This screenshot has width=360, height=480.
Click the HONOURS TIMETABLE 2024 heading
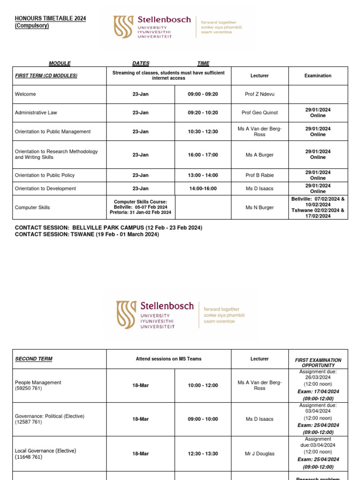pyautogui.click(x=51, y=19)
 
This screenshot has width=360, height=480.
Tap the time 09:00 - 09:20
pyautogui.click(x=202, y=94)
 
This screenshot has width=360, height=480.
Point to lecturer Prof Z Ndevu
pyautogui.click(x=260, y=94)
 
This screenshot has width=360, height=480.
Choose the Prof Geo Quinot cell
pyautogui.click(x=260, y=113)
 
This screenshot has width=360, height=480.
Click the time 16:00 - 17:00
pyautogui.click(x=202, y=155)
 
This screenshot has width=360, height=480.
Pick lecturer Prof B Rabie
pyautogui.click(x=260, y=175)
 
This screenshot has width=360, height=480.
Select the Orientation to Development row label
pyautogui.click(x=45, y=188)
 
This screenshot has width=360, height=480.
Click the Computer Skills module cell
pyautogui.click(x=32, y=207)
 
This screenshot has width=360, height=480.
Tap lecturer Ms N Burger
pyautogui.click(x=260, y=207)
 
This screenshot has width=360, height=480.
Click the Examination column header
pyautogui.click(x=318, y=75)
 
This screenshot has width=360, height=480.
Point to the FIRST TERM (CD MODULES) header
pyautogui.click(x=46, y=75)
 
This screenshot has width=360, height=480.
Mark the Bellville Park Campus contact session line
pyautogui.click(x=109, y=228)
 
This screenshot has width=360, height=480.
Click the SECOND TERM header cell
pyautogui.click(x=34, y=359)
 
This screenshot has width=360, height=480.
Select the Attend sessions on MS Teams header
pyautogui.click(x=169, y=359)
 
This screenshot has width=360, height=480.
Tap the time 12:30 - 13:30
pyautogui.click(x=202, y=454)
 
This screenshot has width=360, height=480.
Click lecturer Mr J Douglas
pyautogui.click(x=260, y=454)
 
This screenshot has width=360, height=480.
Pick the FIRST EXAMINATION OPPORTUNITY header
pyautogui.click(x=318, y=362)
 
